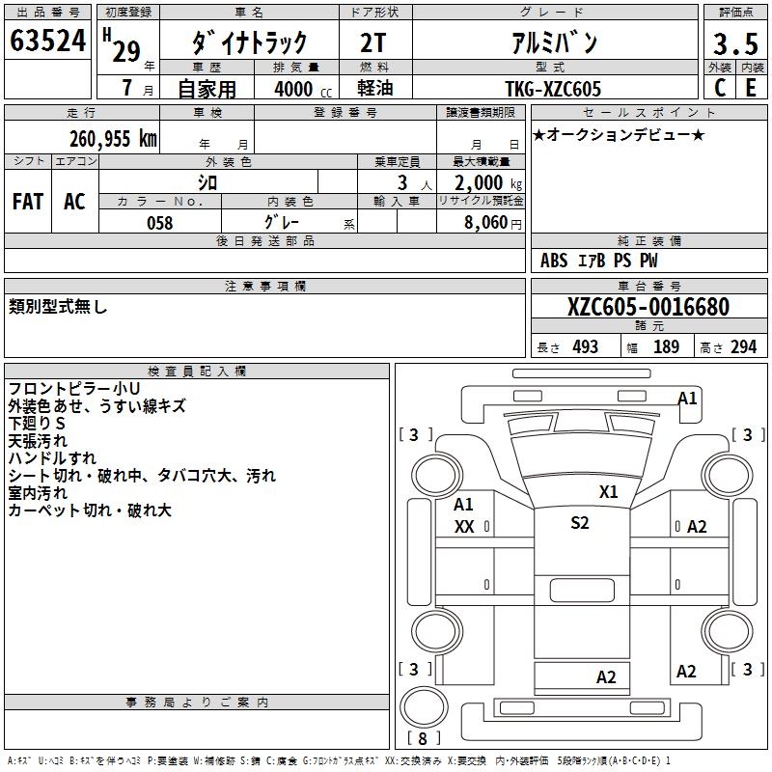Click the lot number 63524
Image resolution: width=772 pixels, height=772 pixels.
(48, 41)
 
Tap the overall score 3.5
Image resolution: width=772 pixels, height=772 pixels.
(733, 43)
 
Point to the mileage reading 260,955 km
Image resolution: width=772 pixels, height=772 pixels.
(113, 139)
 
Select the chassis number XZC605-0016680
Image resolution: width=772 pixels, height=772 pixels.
(648, 307)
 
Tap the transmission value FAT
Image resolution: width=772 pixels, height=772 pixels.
(28, 201)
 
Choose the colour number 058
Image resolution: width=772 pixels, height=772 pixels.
(159, 223)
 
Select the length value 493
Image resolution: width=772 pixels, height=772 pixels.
(585, 346)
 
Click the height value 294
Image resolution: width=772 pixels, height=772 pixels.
(743, 346)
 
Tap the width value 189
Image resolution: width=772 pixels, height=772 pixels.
(666, 346)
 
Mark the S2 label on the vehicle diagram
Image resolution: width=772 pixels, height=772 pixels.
(579, 523)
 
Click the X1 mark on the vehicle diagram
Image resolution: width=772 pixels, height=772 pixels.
(608, 491)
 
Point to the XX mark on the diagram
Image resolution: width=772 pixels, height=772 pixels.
(464, 527)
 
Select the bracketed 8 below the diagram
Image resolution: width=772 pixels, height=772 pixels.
(423, 739)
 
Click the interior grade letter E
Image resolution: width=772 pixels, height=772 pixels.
(750, 87)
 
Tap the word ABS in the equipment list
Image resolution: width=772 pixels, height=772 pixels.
(554, 261)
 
